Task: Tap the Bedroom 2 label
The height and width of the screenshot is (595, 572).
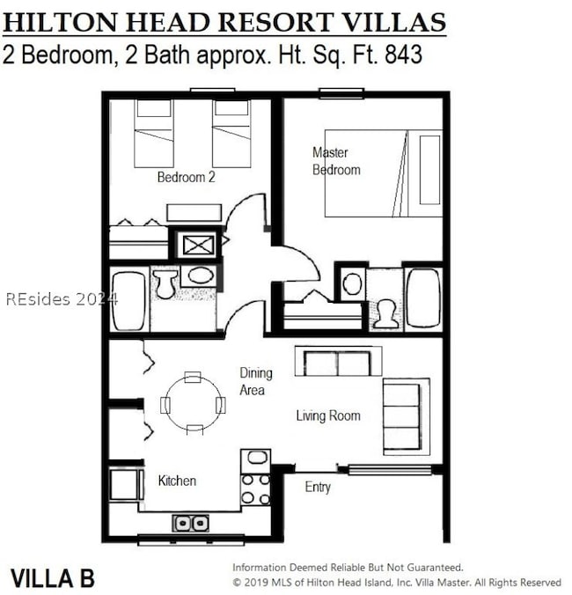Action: click(x=186, y=177)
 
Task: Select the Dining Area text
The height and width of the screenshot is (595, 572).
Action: click(x=253, y=381)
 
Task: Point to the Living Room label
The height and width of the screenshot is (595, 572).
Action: click(x=327, y=415)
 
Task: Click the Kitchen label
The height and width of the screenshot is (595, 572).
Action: click(x=177, y=481)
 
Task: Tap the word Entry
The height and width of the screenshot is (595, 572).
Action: click(x=318, y=487)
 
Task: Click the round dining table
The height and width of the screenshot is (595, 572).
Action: click(x=193, y=404)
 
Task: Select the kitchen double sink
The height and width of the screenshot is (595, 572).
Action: click(x=190, y=522)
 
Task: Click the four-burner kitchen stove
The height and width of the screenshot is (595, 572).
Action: click(x=255, y=489)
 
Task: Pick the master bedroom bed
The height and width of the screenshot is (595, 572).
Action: click(x=383, y=173)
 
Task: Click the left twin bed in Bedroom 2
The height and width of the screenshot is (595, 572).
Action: click(x=153, y=133)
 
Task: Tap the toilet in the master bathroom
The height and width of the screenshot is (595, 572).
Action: click(x=385, y=313)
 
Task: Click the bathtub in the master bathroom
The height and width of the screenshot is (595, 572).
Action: click(x=422, y=299)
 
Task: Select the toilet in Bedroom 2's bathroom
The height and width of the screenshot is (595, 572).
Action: click(x=165, y=283)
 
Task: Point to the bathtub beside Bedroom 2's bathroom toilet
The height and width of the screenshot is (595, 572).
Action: click(x=129, y=301)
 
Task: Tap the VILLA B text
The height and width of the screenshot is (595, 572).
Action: click(x=52, y=578)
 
